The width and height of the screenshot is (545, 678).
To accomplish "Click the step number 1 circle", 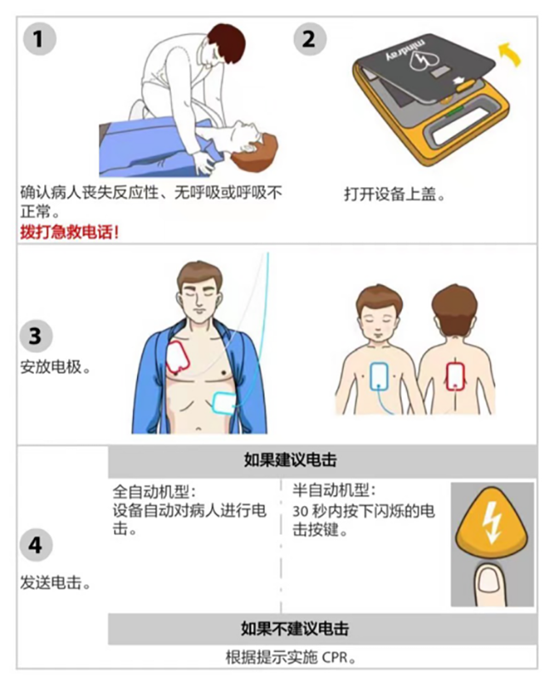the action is [39, 39].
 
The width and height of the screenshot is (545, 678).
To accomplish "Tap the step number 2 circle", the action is [310, 39].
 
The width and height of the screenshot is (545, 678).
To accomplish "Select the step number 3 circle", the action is [36, 336].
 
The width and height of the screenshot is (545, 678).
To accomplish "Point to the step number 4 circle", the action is [36, 545].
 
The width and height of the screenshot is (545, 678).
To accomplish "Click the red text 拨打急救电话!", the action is [69, 233].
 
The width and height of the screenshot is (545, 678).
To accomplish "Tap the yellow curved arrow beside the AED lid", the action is [510, 54].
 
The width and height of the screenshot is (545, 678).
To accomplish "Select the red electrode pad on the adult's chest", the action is [178, 358].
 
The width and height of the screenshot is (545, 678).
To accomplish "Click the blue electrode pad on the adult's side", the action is [224, 403].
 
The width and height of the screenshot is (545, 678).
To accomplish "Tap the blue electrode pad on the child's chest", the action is [379, 376].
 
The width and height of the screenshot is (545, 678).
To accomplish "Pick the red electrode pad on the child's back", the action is [455, 376].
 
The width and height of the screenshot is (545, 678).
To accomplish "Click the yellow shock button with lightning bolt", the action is [492, 521].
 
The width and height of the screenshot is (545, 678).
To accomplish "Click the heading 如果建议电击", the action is [290, 460].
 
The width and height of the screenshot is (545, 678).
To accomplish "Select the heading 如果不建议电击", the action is [295, 629].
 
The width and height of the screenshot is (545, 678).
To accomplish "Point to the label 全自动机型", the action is [154, 491].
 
